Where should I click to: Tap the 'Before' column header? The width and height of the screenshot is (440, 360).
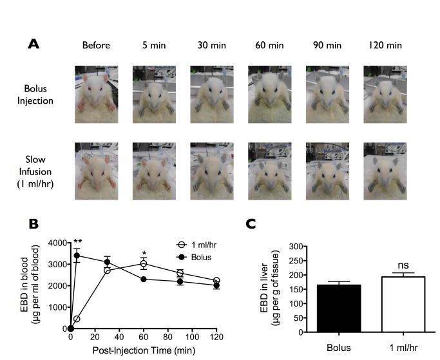tap(96, 45)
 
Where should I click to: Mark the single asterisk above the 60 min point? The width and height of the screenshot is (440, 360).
tap(145, 253)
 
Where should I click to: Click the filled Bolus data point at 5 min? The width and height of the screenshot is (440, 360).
tap(77, 256)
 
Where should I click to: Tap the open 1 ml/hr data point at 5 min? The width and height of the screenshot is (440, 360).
tap(77, 319)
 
